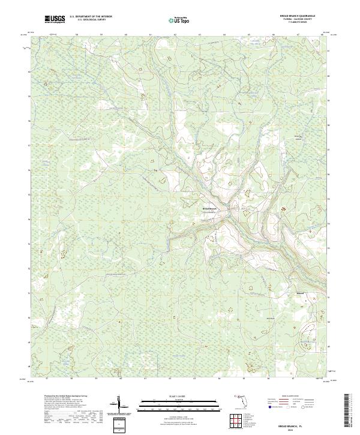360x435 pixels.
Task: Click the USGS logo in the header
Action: tap(55, 20)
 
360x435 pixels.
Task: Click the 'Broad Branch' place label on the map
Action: tap(209, 209)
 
